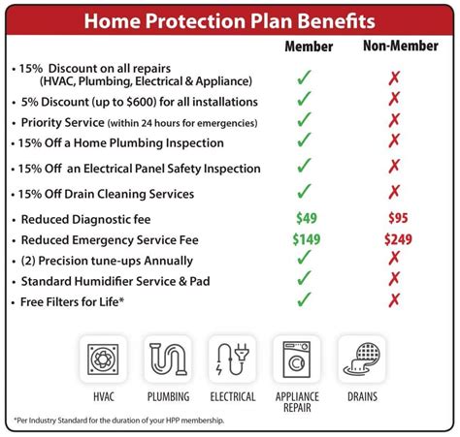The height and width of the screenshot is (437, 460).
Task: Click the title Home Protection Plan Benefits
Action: click(230, 20)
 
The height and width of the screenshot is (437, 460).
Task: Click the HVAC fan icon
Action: click(103, 359)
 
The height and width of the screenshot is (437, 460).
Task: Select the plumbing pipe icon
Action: click(168, 359)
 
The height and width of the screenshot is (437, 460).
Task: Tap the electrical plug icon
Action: click(231, 359)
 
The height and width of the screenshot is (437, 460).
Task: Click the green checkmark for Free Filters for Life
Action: click(305, 300)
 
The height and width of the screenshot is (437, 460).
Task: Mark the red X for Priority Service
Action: click(393, 121)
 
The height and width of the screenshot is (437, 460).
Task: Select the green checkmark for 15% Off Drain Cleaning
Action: click(305, 192)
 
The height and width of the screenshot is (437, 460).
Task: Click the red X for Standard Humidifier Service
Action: click(393, 280)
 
